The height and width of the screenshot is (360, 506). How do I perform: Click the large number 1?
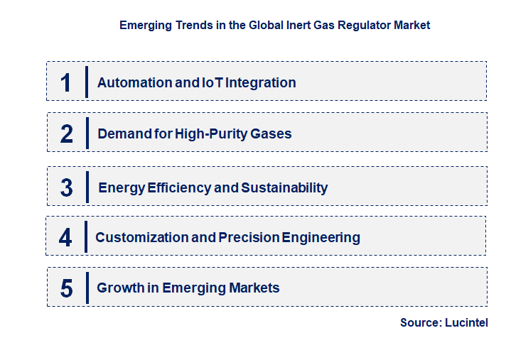tap(66, 82)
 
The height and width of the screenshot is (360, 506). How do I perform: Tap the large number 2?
tap(67, 133)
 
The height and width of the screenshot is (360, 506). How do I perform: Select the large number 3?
tap(67, 188)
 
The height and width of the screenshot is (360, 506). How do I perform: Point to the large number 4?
tap(65, 237)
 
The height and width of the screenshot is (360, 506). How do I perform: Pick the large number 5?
tap(67, 288)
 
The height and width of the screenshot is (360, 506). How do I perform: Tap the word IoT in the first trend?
tap(215, 82)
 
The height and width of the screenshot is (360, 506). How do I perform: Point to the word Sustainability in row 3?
tap(284, 188)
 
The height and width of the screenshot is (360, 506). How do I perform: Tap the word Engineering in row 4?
tap(321, 237)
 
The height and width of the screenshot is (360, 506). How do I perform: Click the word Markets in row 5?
tap(254, 288)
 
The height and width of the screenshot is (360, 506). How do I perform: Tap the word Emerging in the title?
tap(146, 26)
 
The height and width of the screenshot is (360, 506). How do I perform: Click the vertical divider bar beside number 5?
tap(87, 288)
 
